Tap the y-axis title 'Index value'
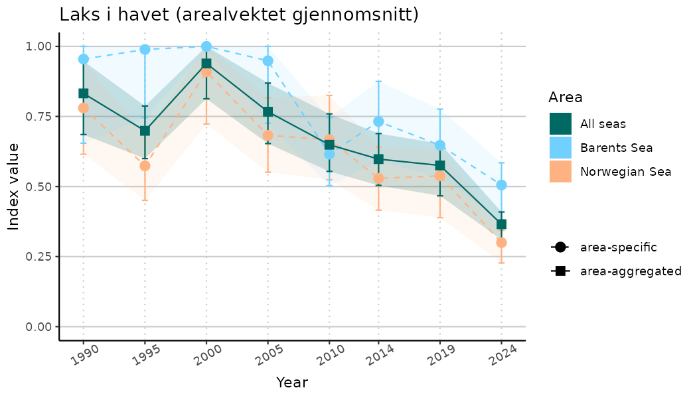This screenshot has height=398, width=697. pyautogui.click(x=14, y=186)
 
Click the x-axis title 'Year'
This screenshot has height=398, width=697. pyautogui.click(x=292, y=383)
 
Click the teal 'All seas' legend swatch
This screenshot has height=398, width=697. pyautogui.click(x=560, y=123)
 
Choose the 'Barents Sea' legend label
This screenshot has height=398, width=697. pyautogui.click(x=616, y=147)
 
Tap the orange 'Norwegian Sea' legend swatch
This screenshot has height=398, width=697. pyautogui.click(x=560, y=171)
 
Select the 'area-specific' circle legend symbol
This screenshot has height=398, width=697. pyautogui.click(x=560, y=247)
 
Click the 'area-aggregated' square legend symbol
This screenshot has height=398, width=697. pyautogui.click(x=560, y=271)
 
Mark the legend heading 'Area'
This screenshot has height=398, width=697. pyautogui.click(x=566, y=98)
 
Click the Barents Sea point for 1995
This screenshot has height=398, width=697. pyautogui.click(x=145, y=50)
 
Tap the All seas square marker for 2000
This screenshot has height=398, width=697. pyautogui.click(x=206, y=64)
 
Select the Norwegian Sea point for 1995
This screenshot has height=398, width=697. pyautogui.click(x=145, y=166)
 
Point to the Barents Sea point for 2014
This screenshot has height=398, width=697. pyautogui.click(x=378, y=121)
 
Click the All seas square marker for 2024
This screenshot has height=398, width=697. pyautogui.click(x=501, y=224)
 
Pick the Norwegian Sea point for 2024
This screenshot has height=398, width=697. pyautogui.click(x=501, y=243)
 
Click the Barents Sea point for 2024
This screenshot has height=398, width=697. pyautogui.click(x=501, y=185)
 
